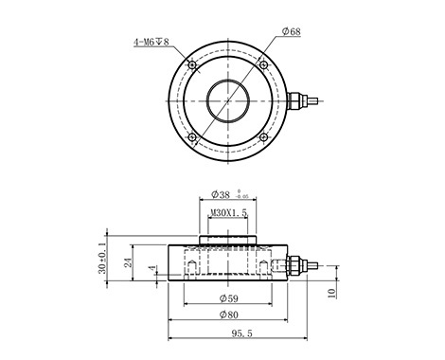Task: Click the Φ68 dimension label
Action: [292, 31]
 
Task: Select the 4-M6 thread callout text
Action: [152, 42]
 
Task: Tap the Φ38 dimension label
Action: [221, 194]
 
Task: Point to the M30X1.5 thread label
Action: [228, 213]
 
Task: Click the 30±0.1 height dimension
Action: [102, 259]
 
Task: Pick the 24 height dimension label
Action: [128, 262]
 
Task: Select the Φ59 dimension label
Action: [228, 298]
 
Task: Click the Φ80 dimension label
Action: [228, 315]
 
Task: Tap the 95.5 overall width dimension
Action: [241, 333]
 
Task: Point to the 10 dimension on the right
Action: [331, 293]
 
